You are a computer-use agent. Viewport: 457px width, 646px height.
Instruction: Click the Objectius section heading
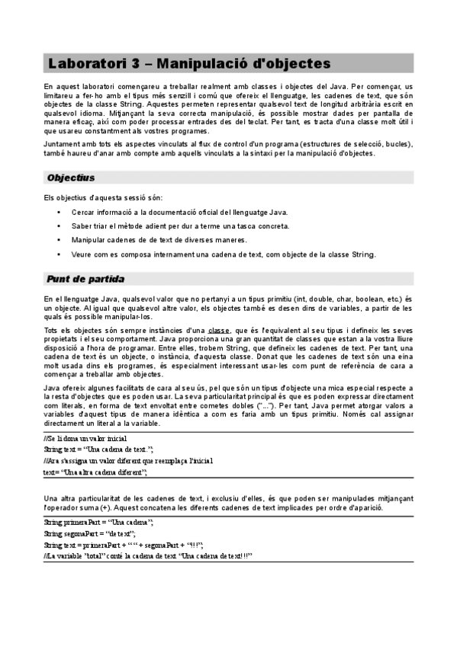coord(70,177)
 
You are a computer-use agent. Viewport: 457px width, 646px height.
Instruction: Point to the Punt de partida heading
coord(85,279)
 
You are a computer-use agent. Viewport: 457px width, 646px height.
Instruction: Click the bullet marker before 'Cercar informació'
coord(59,213)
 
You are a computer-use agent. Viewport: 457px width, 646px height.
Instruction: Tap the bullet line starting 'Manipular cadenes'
coord(159,240)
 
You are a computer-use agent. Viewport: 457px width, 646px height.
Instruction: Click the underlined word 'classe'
coord(220,330)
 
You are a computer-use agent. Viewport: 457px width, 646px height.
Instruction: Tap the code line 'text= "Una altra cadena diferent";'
coord(95,472)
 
